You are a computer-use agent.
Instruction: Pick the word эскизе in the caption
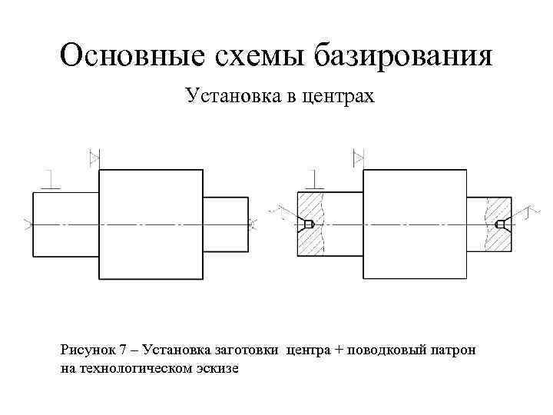tap(219, 368)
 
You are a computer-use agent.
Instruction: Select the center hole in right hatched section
tap(501, 224)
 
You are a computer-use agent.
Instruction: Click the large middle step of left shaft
tap(151, 224)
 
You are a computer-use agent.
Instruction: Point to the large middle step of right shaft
tap(414, 224)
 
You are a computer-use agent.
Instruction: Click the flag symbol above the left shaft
tap(96, 158)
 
